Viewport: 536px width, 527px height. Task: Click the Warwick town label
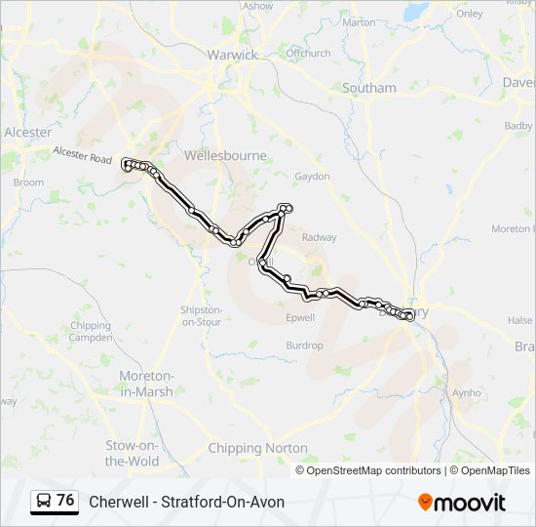(x=232, y=55)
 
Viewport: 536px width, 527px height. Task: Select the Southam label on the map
(x=369, y=88)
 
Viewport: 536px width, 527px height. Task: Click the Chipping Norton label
(x=257, y=449)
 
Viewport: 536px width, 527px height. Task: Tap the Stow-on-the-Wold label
(x=132, y=454)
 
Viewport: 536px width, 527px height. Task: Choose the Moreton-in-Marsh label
(x=146, y=384)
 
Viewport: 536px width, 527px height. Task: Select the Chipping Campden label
(x=91, y=332)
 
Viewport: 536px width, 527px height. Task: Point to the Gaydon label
(x=313, y=177)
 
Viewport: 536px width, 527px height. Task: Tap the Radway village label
(x=320, y=237)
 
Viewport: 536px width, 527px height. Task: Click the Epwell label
(x=300, y=318)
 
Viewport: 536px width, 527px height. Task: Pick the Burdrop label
(x=304, y=345)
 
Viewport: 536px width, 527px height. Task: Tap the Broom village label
(x=29, y=182)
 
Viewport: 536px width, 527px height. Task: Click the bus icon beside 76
(x=44, y=502)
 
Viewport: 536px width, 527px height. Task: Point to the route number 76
(x=65, y=501)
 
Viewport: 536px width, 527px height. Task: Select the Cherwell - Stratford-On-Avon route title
(x=187, y=502)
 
